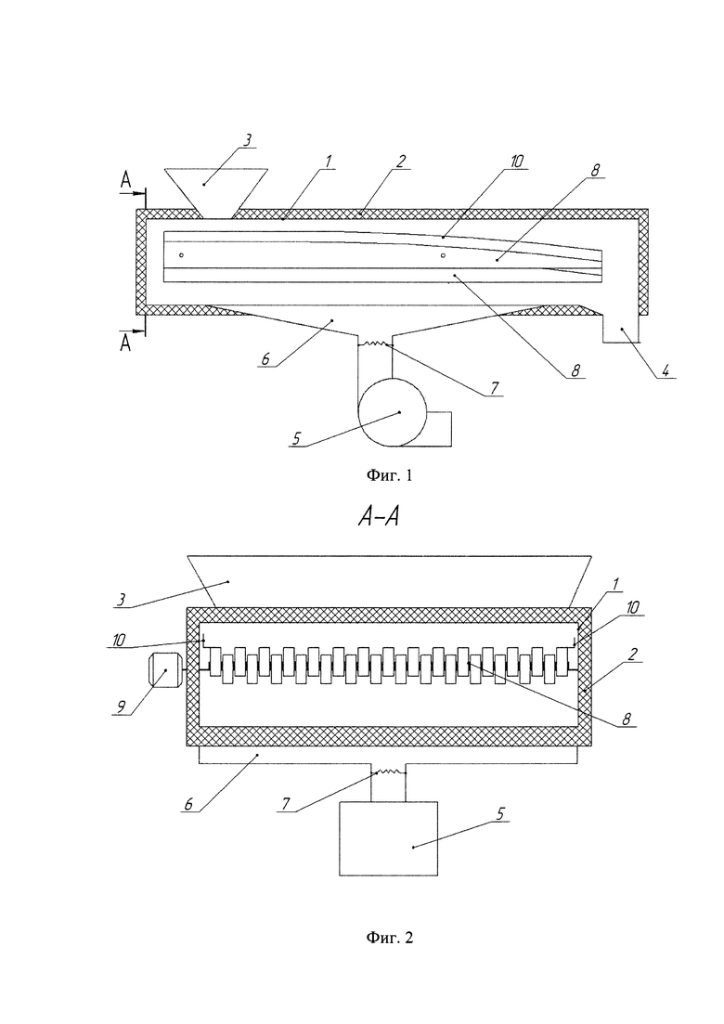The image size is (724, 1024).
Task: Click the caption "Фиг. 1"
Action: coord(388,475)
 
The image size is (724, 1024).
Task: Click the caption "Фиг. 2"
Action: coord(388,938)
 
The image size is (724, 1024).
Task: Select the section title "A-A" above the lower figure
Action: coord(379,517)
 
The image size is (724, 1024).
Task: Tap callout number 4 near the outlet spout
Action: coord(665,370)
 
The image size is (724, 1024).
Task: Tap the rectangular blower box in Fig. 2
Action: coord(388,838)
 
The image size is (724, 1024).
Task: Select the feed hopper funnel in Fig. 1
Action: coord(214,193)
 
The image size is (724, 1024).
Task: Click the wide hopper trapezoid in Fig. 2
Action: coord(389,581)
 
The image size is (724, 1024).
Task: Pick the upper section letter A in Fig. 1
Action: coord(125,181)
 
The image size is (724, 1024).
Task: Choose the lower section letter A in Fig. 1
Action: coord(125,343)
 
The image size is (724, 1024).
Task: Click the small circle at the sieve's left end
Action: coord(182,254)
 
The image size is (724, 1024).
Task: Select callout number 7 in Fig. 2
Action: coord(285,803)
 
